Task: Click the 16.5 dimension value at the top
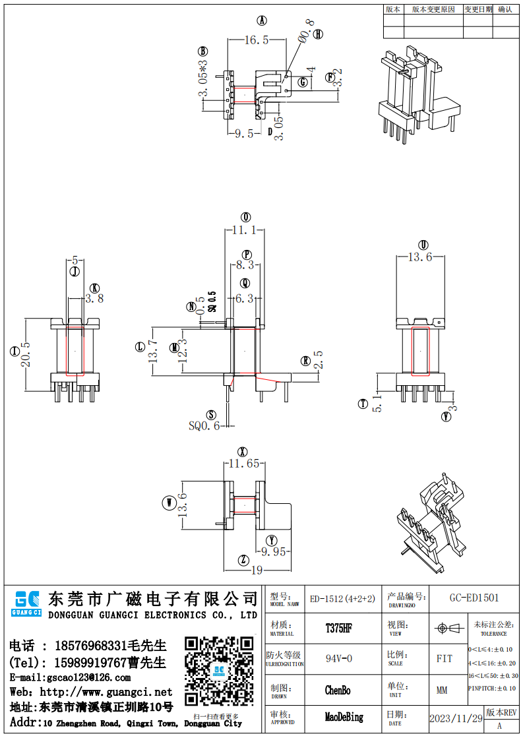click(x=257, y=40)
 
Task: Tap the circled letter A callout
click(x=261, y=20)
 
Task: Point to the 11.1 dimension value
click(x=244, y=230)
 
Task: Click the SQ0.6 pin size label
click(x=204, y=426)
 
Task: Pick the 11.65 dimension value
click(x=244, y=464)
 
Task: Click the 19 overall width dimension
click(x=257, y=570)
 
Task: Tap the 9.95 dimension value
click(x=274, y=551)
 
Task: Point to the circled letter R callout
click(x=305, y=361)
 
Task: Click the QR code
click(x=218, y=671)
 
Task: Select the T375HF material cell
click(x=339, y=629)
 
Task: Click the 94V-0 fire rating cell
click(x=339, y=659)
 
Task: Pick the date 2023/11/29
click(x=456, y=718)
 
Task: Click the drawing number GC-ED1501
click(x=474, y=598)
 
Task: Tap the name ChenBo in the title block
click(x=338, y=691)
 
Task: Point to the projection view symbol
click(x=448, y=629)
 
